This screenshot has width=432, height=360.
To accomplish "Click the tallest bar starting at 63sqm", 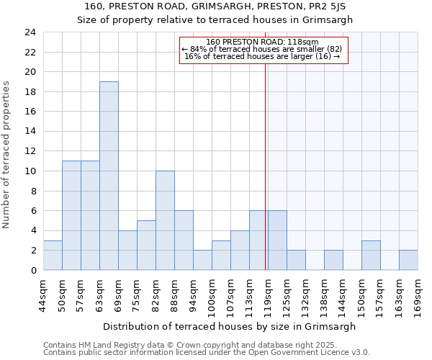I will [x=109, y=176].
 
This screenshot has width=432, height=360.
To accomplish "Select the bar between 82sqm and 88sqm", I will [x=165, y=220].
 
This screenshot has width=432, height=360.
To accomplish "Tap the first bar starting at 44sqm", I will [x=53, y=255].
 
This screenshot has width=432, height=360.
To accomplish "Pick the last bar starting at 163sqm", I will [x=408, y=260].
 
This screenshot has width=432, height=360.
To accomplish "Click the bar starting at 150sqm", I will [x=371, y=255].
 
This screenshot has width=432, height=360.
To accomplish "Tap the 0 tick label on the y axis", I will [x=33, y=271].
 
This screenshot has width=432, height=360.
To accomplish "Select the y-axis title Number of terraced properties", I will [x=7, y=155].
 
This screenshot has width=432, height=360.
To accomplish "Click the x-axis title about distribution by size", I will [x=230, y=326].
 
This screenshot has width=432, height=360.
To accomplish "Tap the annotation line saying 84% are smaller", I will [x=262, y=49].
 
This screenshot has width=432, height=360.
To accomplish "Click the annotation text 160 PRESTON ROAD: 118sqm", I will [x=262, y=42].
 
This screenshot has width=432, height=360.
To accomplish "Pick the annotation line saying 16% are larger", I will [x=262, y=56].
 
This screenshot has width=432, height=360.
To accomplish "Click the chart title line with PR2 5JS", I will [x=215, y=7].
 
